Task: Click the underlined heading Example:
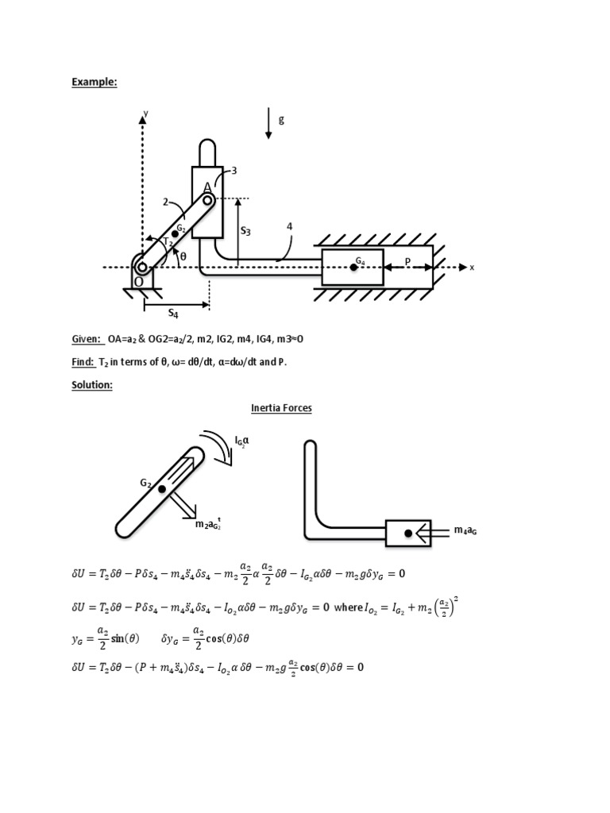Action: click(95, 82)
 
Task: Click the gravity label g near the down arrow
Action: click(280, 121)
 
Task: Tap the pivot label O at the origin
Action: click(139, 281)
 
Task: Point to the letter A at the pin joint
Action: click(207, 187)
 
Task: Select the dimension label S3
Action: click(245, 231)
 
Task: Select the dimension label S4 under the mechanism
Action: click(172, 315)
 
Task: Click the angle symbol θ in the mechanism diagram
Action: click(183, 256)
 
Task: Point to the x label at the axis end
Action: click(471, 268)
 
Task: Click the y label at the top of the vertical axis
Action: click(146, 114)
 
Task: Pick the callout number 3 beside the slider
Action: click(234, 171)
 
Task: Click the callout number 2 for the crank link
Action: click(166, 202)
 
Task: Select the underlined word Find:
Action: click(83, 362)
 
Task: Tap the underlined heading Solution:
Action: click(93, 384)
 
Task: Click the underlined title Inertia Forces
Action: click(282, 408)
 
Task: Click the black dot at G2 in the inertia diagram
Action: click(162, 489)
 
